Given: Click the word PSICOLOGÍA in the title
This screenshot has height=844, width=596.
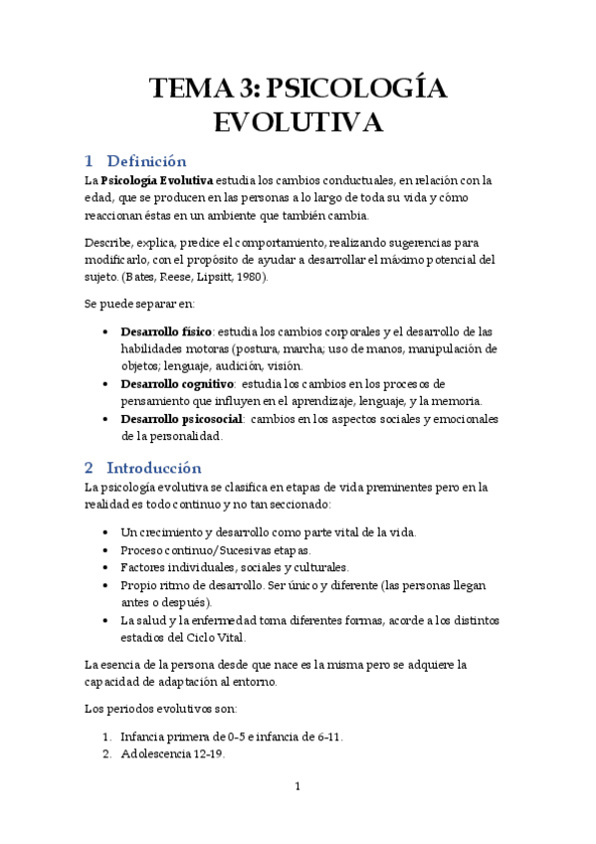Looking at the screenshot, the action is pyautogui.click(x=358, y=89).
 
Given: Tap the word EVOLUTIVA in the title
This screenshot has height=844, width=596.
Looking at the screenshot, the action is pyautogui.click(x=298, y=123).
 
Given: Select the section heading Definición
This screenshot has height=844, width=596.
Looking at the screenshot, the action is pyautogui.click(x=146, y=161).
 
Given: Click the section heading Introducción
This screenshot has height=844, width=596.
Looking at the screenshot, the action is pyautogui.click(x=153, y=467).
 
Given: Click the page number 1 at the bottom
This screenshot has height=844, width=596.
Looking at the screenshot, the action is pyautogui.click(x=298, y=786).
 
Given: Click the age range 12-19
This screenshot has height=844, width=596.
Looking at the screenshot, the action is pyautogui.click(x=207, y=753).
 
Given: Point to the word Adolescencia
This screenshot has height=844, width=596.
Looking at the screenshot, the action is pyautogui.click(x=154, y=753).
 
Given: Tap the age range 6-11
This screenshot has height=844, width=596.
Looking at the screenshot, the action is pyautogui.click(x=325, y=737).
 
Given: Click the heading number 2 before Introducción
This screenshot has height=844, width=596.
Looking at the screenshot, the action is pyautogui.click(x=89, y=467).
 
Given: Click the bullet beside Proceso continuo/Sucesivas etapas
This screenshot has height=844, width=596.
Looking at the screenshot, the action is pyautogui.click(x=106, y=550).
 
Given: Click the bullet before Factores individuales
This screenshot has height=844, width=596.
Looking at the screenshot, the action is pyautogui.click(x=106, y=567).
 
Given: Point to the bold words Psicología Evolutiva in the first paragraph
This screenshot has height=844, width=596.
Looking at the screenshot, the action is pyautogui.click(x=157, y=180).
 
